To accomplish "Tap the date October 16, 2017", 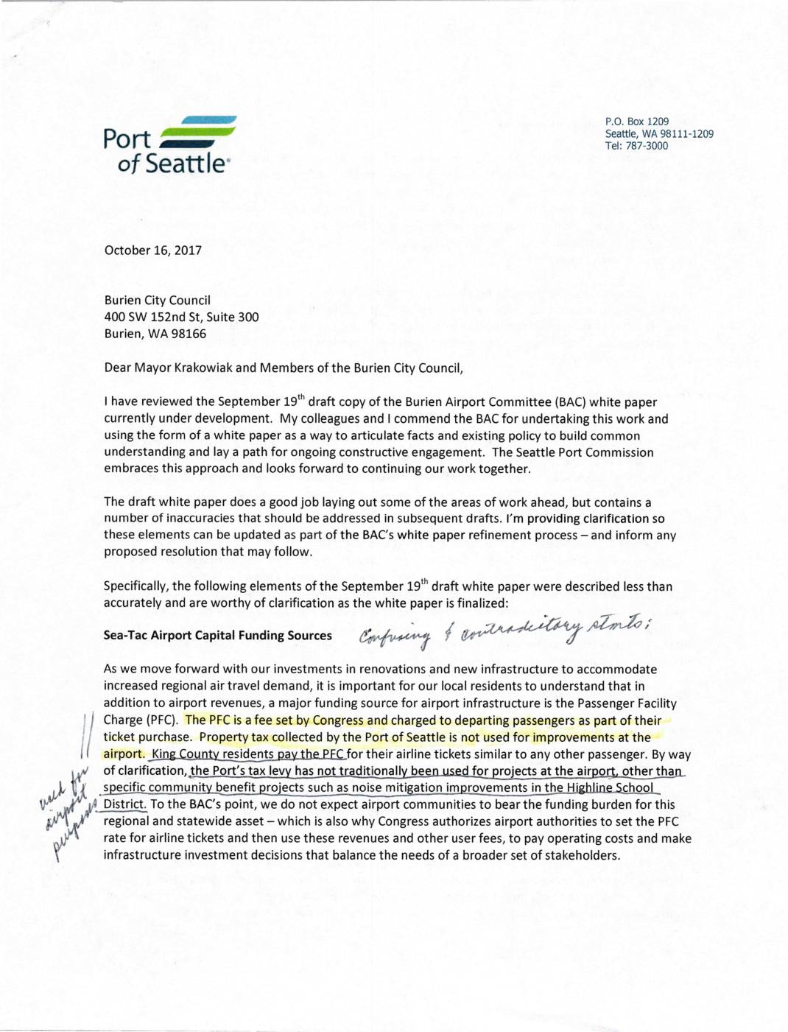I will tap(152, 250).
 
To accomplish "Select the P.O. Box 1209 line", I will tap(636, 122).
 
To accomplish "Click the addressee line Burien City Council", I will tap(157, 301).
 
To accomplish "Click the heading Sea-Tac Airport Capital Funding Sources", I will tap(217, 636).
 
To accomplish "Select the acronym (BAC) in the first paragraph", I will tap(564, 402).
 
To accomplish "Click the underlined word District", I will tap(124, 804).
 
